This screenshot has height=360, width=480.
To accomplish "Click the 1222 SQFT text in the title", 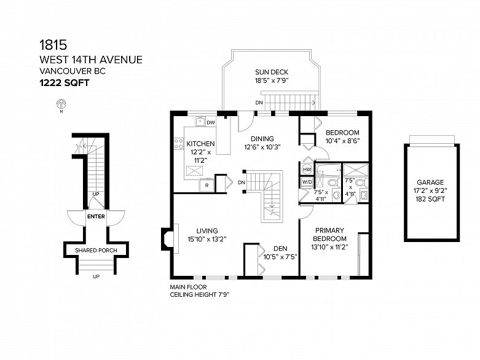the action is point(65,83).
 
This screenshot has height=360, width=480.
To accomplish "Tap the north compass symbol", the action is point(61,104).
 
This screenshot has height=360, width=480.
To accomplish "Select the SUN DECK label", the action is point(272,72).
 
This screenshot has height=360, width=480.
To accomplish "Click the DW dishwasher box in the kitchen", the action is point(211,123).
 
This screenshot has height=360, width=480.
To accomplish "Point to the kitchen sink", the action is point(200,122).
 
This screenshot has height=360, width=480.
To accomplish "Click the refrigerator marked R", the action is point(207,185).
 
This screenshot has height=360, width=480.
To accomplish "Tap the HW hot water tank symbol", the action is point(307,169).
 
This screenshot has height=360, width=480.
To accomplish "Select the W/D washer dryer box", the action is point(307,182).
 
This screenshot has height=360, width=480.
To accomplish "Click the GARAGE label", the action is point(430,182).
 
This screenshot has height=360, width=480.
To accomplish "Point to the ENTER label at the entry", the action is point(96,216).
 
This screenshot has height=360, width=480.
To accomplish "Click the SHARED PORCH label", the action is point(96,250).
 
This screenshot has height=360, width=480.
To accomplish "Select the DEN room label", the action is point(280,249).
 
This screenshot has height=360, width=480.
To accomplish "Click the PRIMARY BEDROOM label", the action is point(329,234).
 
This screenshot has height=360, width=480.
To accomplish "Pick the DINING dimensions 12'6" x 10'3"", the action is point(262,147).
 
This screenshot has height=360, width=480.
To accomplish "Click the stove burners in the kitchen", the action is point(178,144).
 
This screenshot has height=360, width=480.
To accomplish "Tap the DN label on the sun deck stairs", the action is point(259,103).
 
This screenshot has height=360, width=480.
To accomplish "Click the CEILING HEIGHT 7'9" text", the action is point(200,294).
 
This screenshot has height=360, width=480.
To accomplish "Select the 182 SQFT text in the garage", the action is point(430,199).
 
